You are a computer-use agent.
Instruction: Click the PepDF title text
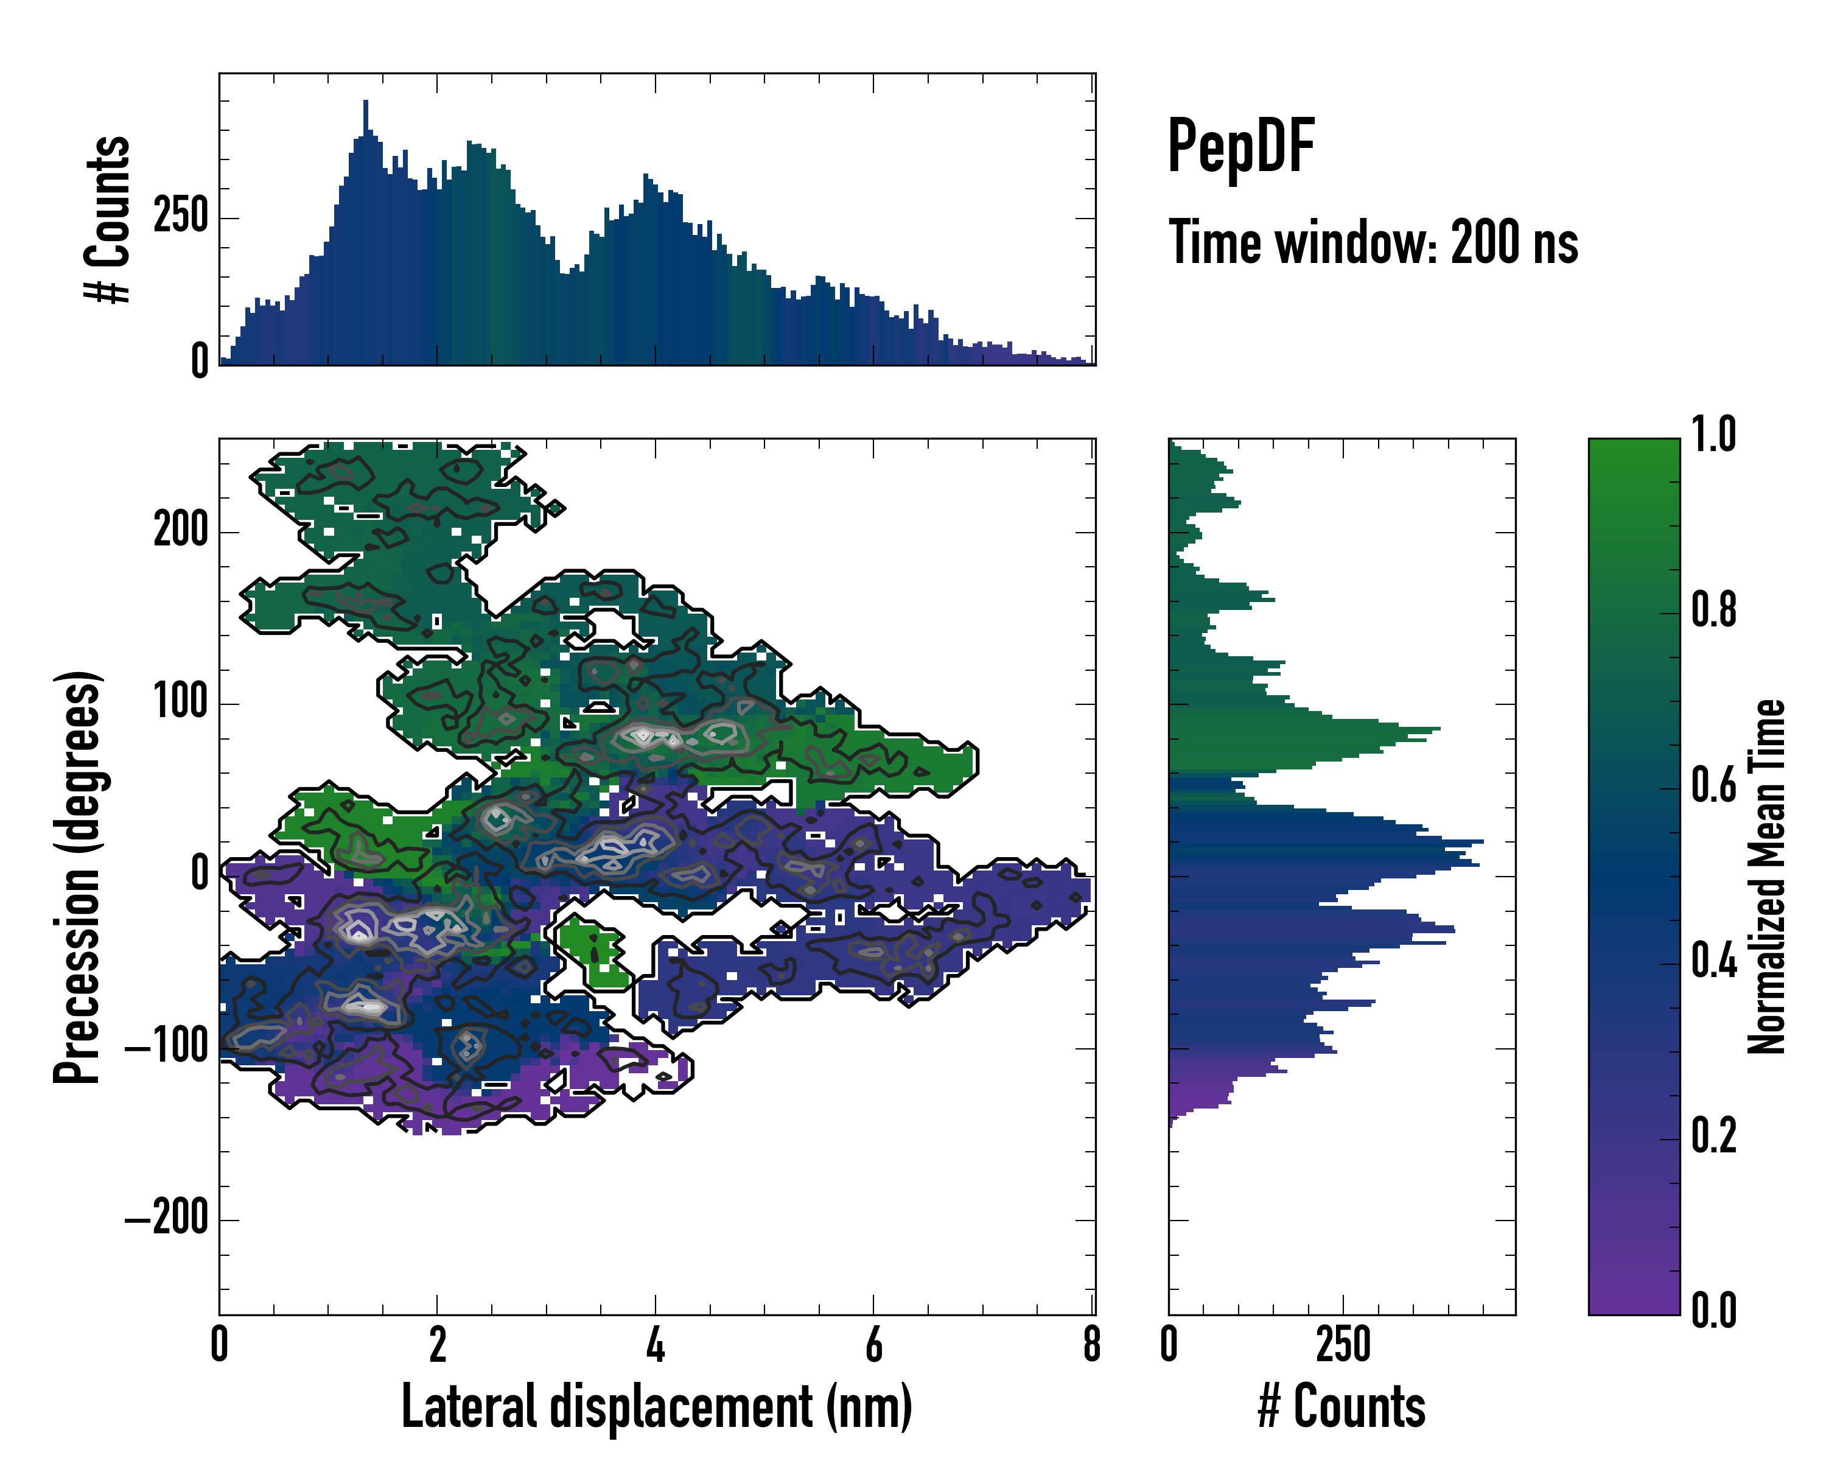coord(1240,147)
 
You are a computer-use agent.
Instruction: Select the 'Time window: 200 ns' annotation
coord(1373,243)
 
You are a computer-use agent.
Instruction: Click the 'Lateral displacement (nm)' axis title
coord(656,1407)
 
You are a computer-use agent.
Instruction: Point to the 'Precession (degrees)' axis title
coord(78,877)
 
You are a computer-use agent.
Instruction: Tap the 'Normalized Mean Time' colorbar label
coord(1767,877)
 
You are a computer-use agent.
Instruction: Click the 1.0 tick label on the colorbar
coord(1713,435)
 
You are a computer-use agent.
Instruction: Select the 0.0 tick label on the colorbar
coord(1713,1310)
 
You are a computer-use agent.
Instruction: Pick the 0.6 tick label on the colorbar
coord(1713,786)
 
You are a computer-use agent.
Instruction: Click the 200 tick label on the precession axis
coord(180,532)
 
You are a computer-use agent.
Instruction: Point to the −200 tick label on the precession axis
coord(167,1219)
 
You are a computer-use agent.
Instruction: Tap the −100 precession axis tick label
coord(167,1048)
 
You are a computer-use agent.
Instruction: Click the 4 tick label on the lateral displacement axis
coord(655,1345)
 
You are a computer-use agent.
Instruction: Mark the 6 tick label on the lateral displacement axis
coord(873,1345)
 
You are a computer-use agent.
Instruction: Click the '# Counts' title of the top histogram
coord(108,219)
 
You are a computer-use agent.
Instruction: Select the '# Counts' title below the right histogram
coord(1342,1407)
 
